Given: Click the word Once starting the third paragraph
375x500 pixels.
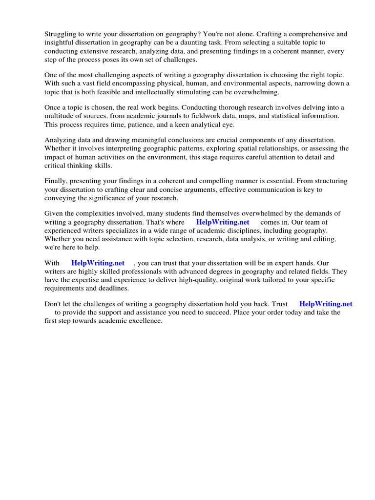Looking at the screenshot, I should [x=53, y=107].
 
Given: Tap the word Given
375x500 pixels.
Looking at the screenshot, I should [x=55, y=213].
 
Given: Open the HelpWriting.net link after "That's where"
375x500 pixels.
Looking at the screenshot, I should [x=223, y=222].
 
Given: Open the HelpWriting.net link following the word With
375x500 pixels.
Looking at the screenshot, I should [x=98, y=263].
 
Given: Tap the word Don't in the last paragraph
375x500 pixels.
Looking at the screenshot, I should [x=54, y=304].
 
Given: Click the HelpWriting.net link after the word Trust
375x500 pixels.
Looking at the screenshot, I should [x=326, y=304].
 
